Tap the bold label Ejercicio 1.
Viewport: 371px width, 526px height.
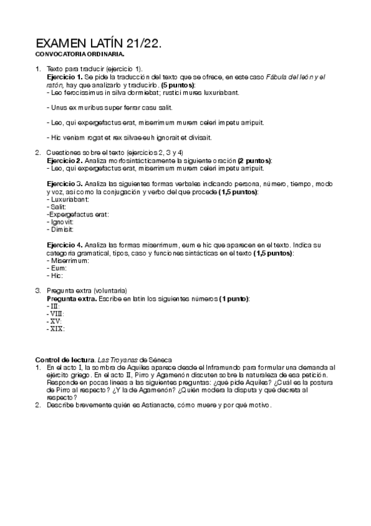tap(66, 76)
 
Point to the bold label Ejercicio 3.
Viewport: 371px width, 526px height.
tap(66, 184)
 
